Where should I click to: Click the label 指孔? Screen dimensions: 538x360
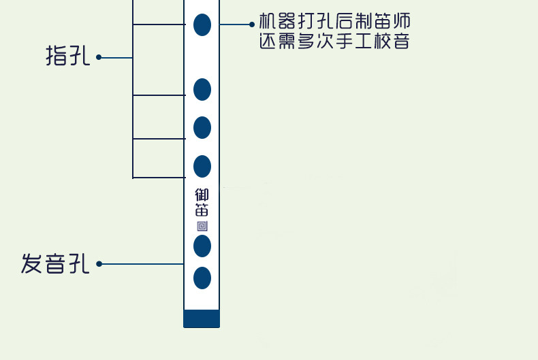(x=67, y=56)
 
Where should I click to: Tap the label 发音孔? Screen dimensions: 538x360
(x=55, y=263)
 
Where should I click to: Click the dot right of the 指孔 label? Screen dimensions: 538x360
(x=99, y=57)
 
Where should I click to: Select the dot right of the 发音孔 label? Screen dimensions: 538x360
(x=99, y=263)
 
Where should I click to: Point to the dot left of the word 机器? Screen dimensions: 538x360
(x=252, y=24)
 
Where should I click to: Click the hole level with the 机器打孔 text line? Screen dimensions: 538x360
(x=202, y=24)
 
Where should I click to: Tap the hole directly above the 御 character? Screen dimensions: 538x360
(x=202, y=166)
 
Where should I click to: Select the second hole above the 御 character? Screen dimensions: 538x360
(x=202, y=127)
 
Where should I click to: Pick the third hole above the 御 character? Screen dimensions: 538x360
(x=202, y=89)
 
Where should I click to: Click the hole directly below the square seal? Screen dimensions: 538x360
(x=202, y=246)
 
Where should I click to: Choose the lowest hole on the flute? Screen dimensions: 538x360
(x=202, y=278)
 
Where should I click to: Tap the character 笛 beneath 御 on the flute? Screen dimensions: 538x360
(x=202, y=211)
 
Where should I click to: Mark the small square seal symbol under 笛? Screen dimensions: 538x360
(x=202, y=227)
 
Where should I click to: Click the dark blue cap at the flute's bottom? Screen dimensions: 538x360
(x=202, y=318)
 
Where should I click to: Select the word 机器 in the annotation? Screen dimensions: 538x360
(x=277, y=21)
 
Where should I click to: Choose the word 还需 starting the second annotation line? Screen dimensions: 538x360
(x=277, y=41)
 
